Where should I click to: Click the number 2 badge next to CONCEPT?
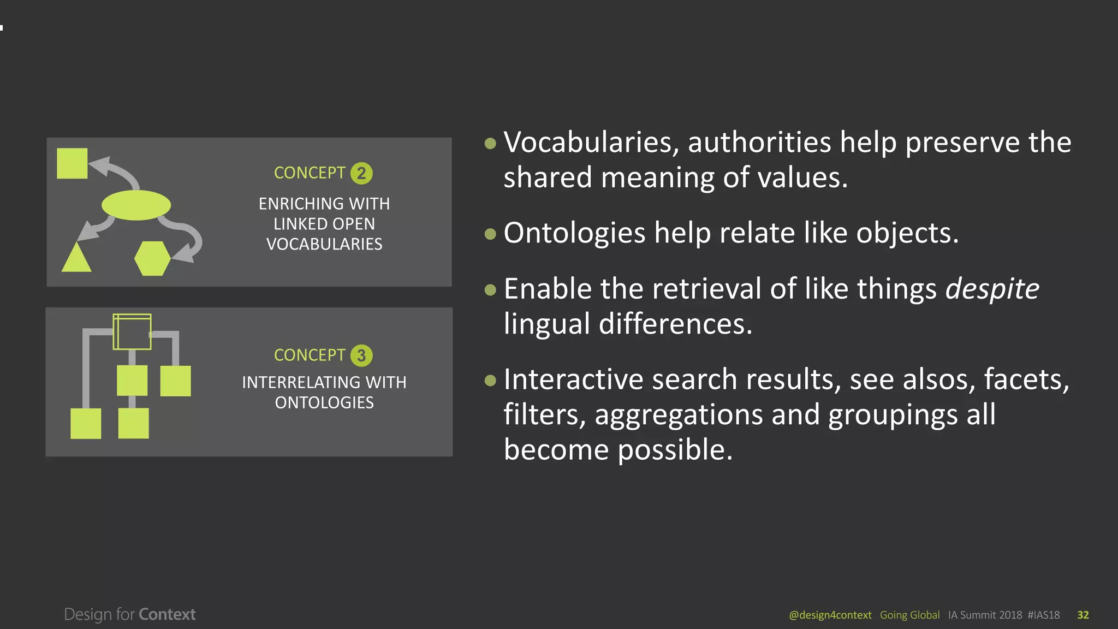pos(361,174)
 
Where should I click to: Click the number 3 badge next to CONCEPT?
pos(361,355)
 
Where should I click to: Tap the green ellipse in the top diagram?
pos(136,205)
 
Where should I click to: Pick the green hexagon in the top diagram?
pos(152,258)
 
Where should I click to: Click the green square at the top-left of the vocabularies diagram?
pos(72,163)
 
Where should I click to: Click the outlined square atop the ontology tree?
pos(132,331)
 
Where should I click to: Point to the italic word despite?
pos(992,288)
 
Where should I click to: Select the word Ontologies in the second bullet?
pos(574,233)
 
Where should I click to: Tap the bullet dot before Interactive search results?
pos(490,380)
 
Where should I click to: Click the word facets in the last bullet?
pos(1025,379)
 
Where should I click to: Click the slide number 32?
pos(1083,615)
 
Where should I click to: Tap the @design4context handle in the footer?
pos(830,615)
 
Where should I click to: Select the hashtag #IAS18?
pos(1043,615)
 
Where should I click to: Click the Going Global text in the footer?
pos(909,615)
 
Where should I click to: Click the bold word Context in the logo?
pos(167,614)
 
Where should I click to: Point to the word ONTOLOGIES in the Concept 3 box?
pos(324,403)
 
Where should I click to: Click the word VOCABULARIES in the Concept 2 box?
pos(324,244)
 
